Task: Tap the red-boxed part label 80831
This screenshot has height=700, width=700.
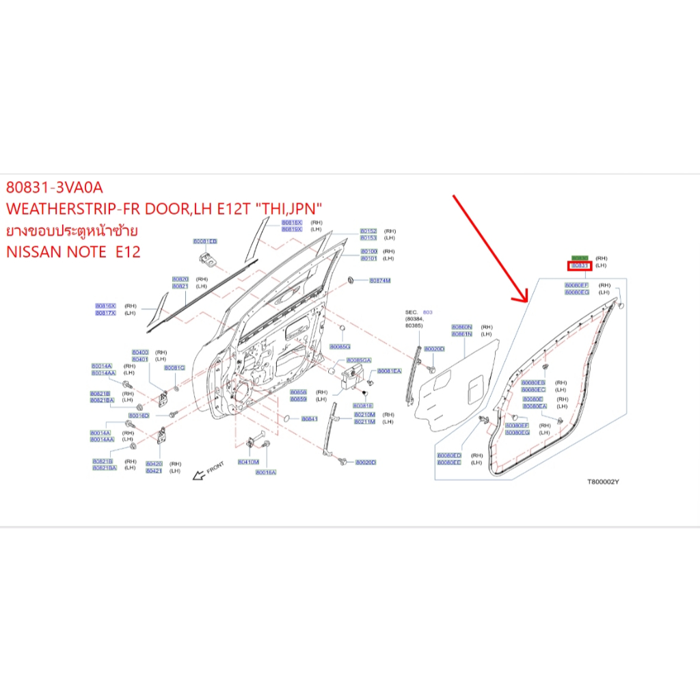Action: pos(580,265)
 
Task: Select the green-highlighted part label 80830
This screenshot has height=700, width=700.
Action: pos(580,258)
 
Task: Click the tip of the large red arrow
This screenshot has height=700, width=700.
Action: pos(525,301)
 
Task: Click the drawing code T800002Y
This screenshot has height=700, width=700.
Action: pos(603,481)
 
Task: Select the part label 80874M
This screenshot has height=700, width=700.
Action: pos(379,280)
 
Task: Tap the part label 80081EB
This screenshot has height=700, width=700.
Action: pos(204,242)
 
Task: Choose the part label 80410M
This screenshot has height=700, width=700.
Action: pos(248,462)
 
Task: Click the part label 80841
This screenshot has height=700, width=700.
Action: pos(310,418)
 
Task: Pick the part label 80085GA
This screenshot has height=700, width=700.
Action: pos(359,360)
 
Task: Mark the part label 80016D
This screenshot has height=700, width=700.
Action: pos(139,416)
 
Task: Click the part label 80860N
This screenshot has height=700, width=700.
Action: pos(461,327)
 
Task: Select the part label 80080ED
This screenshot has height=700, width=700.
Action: pos(449,455)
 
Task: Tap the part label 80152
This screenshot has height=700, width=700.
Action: pos(368,231)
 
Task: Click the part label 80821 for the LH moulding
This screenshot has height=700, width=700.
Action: pos(180,286)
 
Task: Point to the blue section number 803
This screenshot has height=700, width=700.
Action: pos(429,311)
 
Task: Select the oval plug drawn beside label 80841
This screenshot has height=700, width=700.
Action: pos(286,418)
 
